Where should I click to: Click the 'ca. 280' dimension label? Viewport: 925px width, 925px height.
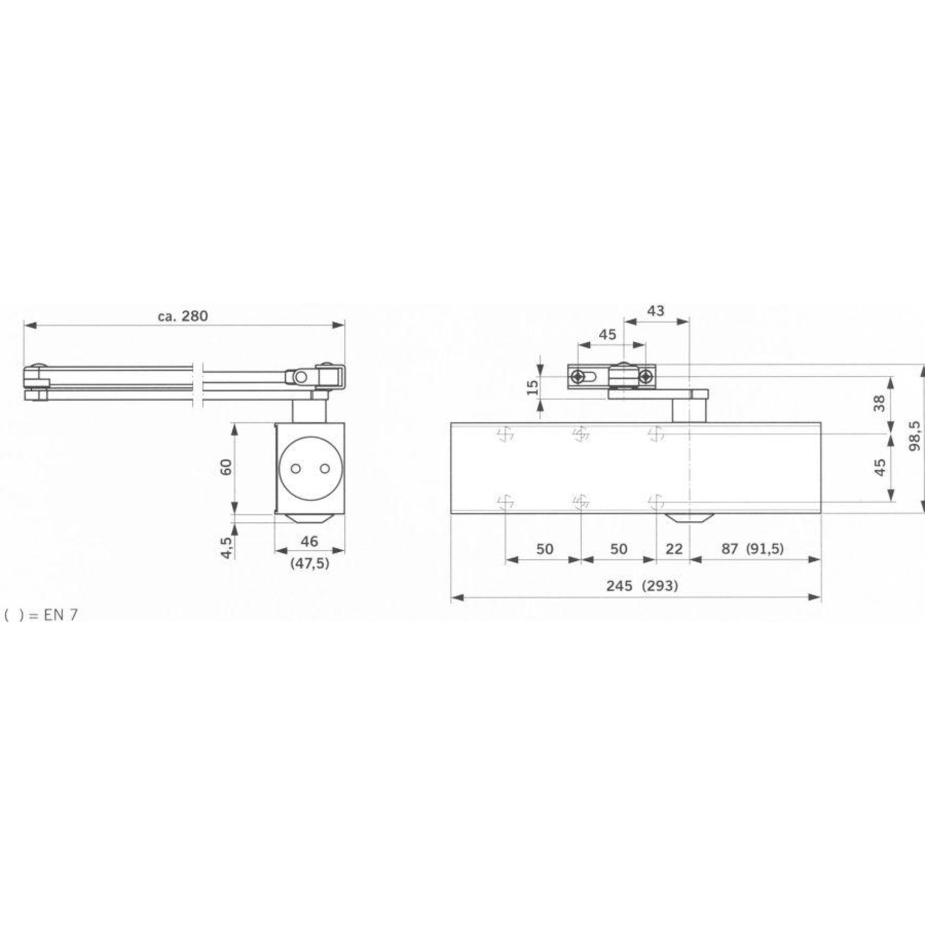[x=183, y=316]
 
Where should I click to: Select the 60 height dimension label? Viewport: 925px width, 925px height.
[x=225, y=466]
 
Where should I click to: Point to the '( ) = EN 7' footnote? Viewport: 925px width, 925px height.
[x=40, y=615]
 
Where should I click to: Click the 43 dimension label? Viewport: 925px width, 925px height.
[x=655, y=311]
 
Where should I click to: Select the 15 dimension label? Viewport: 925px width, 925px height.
[x=532, y=386]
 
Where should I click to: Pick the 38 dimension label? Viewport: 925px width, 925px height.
[x=880, y=403]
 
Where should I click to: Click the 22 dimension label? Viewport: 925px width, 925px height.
[x=673, y=549]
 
